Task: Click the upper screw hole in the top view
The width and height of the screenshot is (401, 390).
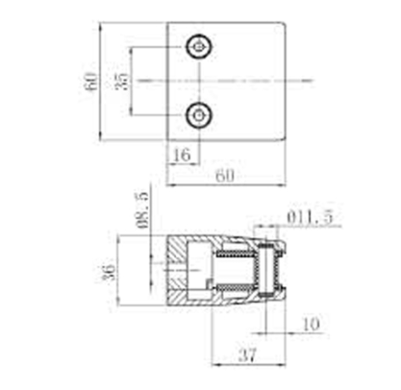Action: (x=199, y=47)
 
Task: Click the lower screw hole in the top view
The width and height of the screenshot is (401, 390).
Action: (x=199, y=115)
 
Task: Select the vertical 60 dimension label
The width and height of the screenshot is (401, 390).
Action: (x=90, y=82)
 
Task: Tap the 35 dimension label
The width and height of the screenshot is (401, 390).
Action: (x=121, y=81)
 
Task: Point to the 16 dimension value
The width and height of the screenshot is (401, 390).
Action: (x=182, y=155)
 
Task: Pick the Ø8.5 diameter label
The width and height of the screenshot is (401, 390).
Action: (x=142, y=209)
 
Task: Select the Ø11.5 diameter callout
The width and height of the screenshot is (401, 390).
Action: (x=310, y=217)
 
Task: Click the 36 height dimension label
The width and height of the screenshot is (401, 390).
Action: (x=110, y=272)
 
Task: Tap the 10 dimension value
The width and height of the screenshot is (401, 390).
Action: (x=312, y=324)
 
